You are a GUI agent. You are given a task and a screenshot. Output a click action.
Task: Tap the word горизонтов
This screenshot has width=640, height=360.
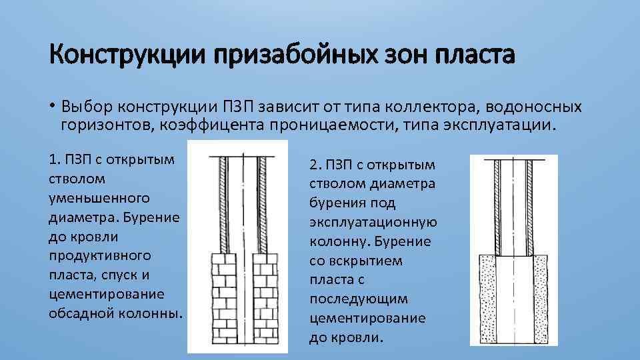coord(103,125)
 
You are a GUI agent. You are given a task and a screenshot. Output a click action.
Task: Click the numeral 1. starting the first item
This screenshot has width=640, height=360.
coord(54,159)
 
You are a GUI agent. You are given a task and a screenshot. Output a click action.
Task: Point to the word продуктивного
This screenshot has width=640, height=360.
coord(100,255)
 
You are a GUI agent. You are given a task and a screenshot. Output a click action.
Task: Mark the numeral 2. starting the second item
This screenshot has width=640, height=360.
coord(315,164)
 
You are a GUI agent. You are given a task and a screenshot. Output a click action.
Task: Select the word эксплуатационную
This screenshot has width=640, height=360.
coord(373,222)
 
